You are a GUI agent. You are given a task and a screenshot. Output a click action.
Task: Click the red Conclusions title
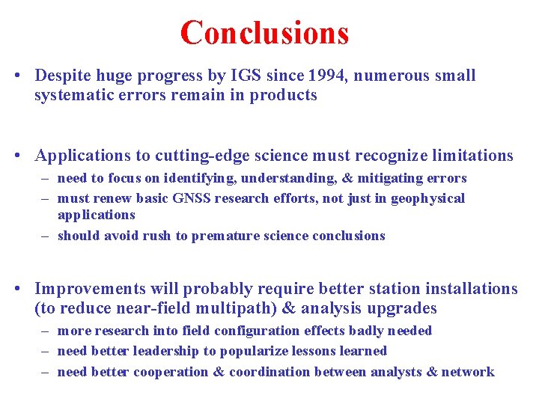tap(264, 33)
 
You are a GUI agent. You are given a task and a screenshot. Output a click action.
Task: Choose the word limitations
tap(466, 156)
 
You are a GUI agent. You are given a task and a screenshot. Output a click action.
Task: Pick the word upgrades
tap(400, 308)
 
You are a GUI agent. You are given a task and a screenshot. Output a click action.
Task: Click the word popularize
tap(254, 351)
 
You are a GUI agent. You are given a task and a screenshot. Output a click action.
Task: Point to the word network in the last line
tap(468, 372)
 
